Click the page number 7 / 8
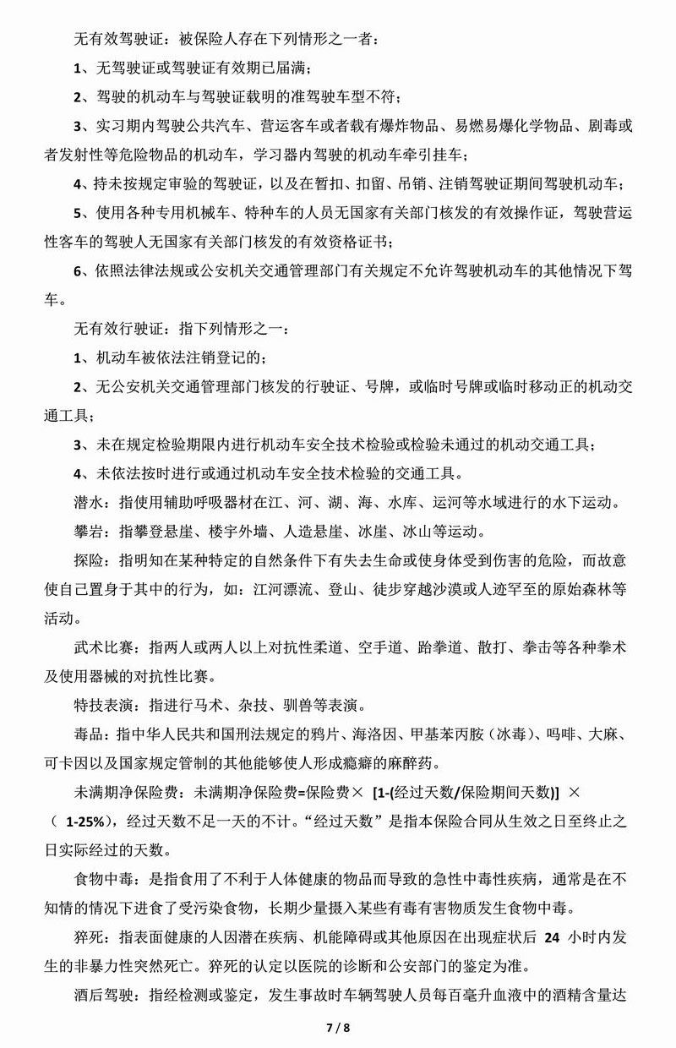click(337, 1028)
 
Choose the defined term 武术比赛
click(101, 647)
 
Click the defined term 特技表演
click(101, 705)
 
